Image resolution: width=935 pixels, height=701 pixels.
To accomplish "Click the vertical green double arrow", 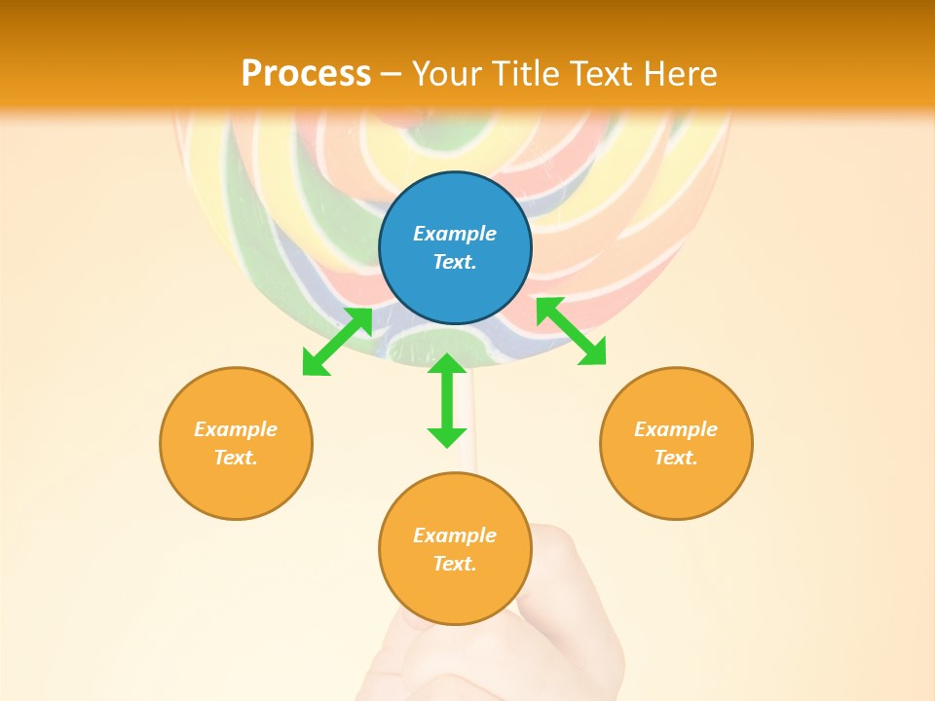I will point(447,400).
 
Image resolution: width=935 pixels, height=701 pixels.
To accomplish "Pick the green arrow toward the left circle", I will point(337,342).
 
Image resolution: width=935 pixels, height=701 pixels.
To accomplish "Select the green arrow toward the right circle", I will point(571,331).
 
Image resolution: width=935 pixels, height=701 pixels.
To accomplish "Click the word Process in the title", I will point(306,73).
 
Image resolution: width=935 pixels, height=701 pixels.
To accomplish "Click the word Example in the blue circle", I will point(455,234).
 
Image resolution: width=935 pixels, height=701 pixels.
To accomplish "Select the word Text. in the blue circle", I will point(455,262).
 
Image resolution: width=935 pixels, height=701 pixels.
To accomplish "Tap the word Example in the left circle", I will point(236,429).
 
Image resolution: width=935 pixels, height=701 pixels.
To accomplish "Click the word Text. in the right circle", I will point(676,458).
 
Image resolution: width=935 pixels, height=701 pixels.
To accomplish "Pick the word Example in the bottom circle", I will point(455,535).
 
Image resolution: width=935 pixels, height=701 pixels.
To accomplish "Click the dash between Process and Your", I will point(392,74).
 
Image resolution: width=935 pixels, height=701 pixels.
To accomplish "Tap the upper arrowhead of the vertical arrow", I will point(447,363).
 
